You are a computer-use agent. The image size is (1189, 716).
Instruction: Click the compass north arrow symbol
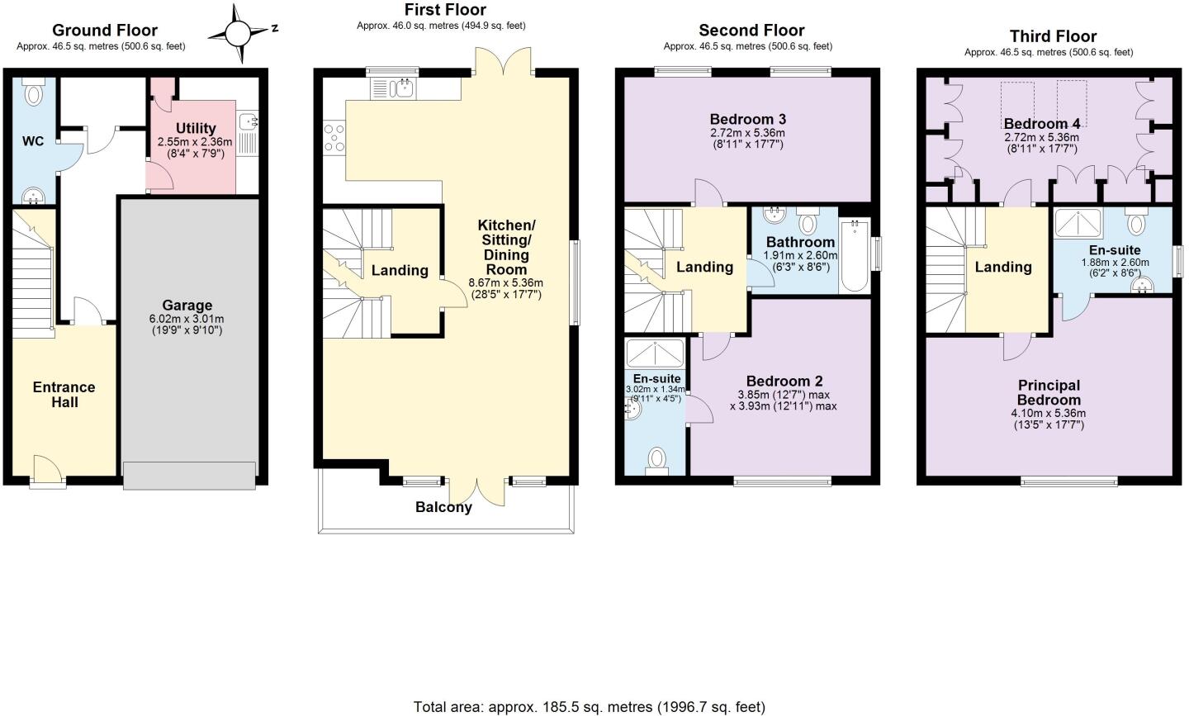coord(239,34)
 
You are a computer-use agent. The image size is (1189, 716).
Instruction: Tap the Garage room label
coord(187,306)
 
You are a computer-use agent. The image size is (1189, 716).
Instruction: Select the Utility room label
coord(196,128)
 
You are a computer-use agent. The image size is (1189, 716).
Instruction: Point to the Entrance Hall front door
coord(48,468)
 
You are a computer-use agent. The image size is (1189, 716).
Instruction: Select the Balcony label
coord(443,507)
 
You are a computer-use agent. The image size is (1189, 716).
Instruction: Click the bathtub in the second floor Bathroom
coord(854,255)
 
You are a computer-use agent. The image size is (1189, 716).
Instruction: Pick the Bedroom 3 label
coord(747,117)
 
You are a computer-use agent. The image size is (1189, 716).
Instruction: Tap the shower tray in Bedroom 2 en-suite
coord(655,353)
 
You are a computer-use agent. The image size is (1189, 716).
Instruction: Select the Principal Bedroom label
coord(1049,392)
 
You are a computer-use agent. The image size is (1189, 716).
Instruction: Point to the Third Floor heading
coord(1053,36)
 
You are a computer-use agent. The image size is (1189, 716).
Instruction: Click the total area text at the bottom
coord(589,707)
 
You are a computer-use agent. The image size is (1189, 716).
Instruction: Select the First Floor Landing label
coord(400,270)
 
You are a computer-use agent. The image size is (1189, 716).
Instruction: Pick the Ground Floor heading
coord(106,31)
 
